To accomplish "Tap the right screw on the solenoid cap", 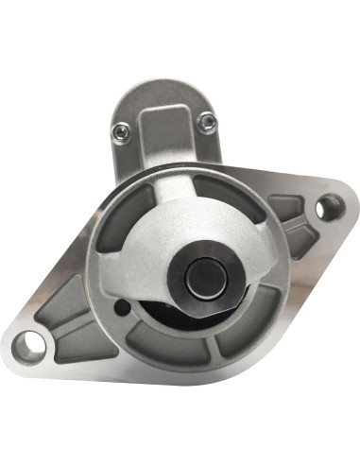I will coord(206,120).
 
